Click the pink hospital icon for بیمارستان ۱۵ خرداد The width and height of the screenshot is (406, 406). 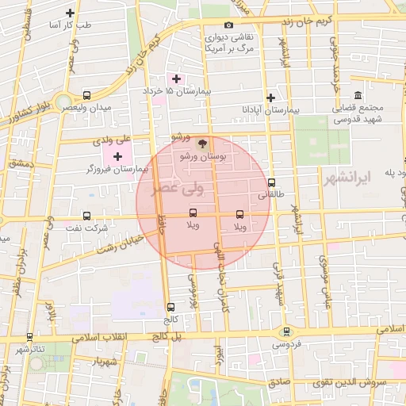click(x=176, y=79)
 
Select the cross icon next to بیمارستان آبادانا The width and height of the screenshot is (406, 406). click(x=271, y=98)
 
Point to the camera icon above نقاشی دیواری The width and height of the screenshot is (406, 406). click(x=229, y=25)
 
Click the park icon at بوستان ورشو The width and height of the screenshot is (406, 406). click(x=202, y=144)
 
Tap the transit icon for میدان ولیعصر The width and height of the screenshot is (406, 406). click(x=86, y=95)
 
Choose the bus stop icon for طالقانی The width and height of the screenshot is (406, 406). click(x=271, y=182)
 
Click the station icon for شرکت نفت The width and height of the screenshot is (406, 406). click(x=86, y=216)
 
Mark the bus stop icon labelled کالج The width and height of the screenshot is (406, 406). click(x=170, y=307)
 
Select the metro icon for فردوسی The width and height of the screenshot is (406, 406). click(x=286, y=331)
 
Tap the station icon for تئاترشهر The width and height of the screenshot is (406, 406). click(x=29, y=337)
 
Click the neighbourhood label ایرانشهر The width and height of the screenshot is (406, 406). click(x=347, y=180)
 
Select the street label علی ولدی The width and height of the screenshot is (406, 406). click(x=111, y=141)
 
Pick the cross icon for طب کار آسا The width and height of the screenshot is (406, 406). click(x=71, y=13)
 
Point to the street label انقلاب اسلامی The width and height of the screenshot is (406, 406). click(x=102, y=337)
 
